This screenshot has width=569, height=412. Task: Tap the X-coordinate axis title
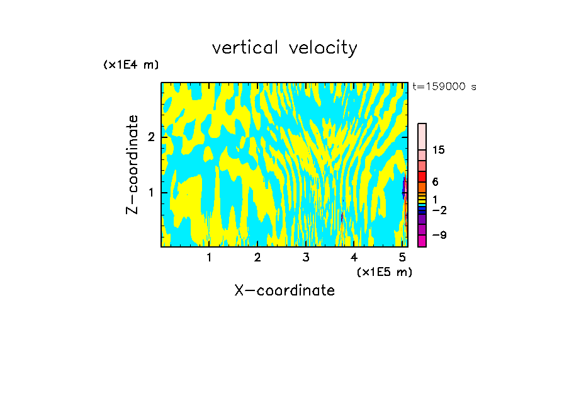point(284,290)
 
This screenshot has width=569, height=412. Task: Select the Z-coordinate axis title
point(132,164)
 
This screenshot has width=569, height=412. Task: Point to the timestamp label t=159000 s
point(444,86)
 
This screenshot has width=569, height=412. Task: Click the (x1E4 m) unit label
point(131,65)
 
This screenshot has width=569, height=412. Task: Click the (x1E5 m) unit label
point(384,272)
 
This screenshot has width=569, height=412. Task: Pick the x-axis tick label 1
point(209,258)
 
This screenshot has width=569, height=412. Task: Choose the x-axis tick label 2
point(257,258)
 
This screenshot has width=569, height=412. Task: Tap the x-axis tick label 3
point(306,258)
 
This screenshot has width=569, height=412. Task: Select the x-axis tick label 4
point(354,258)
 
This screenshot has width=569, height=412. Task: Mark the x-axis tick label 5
point(402,258)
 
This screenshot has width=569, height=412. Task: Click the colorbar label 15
point(439,150)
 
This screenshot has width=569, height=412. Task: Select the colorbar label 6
point(435,182)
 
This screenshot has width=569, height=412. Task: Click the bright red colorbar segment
point(422,176)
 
